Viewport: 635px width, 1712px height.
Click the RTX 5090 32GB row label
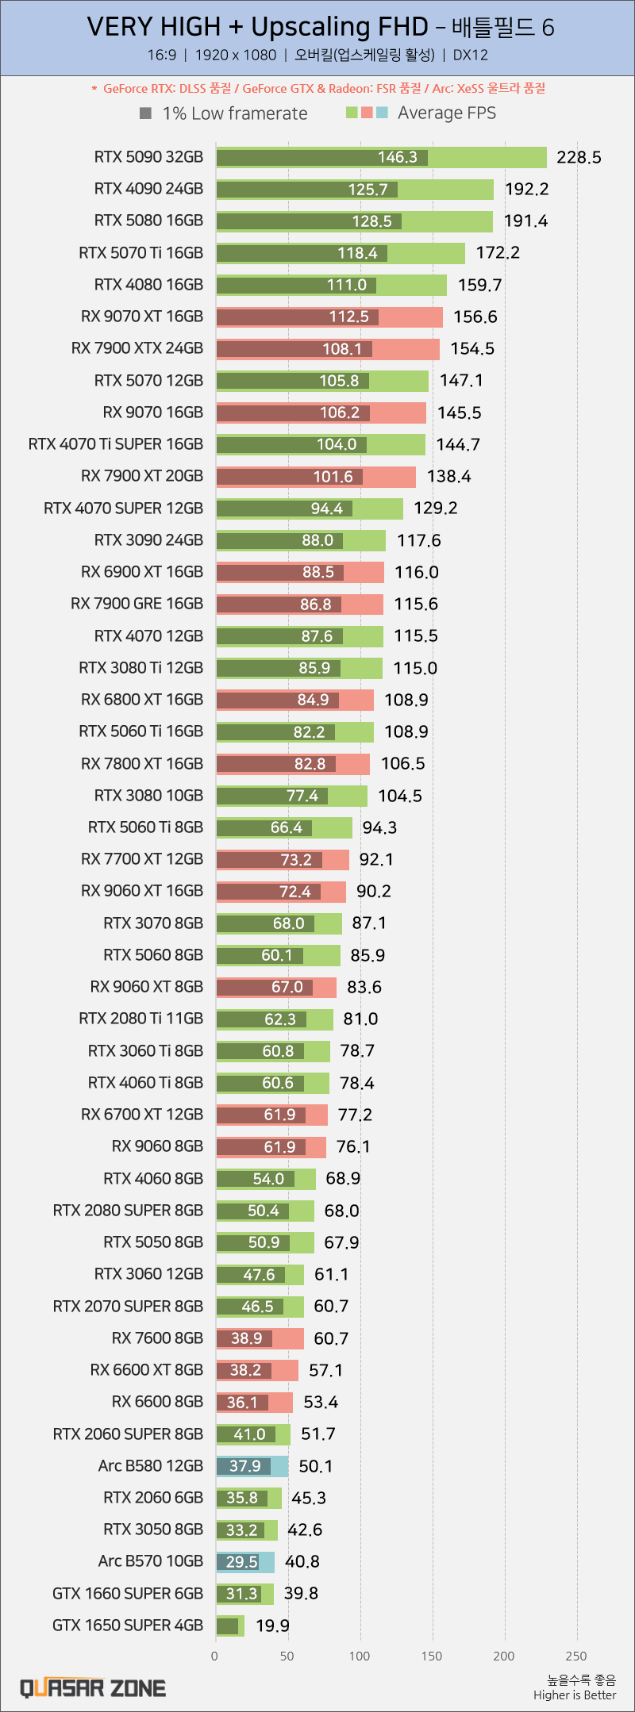coord(148,157)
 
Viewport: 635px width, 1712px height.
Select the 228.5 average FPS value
coord(579,157)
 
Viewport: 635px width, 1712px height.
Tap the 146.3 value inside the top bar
coord(398,157)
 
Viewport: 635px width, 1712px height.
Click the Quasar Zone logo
coord(93,1687)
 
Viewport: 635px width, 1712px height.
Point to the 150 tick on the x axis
coord(432,1656)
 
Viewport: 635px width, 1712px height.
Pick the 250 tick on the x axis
coord(576,1656)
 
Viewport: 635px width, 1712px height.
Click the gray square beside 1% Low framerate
coord(145,113)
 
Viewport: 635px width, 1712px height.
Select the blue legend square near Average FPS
coord(382,113)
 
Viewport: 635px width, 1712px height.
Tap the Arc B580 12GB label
coord(151,1465)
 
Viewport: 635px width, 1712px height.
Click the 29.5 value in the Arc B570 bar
coord(242,1561)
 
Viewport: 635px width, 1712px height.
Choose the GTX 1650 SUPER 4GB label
coord(128,1625)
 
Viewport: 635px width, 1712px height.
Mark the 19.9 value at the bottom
coord(272,1626)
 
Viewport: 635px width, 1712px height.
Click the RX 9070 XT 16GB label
coord(142,317)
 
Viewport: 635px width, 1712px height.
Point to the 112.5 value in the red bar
coord(349,317)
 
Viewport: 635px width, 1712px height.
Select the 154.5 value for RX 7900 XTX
coord(472,348)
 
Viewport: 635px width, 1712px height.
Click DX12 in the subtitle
coord(471,55)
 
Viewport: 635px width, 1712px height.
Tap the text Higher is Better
coord(575,1695)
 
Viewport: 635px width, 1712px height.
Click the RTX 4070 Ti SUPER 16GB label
coord(116,444)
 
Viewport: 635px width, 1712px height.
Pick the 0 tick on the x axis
coord(214,1656)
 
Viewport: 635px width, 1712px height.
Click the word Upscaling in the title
coord(340,27)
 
